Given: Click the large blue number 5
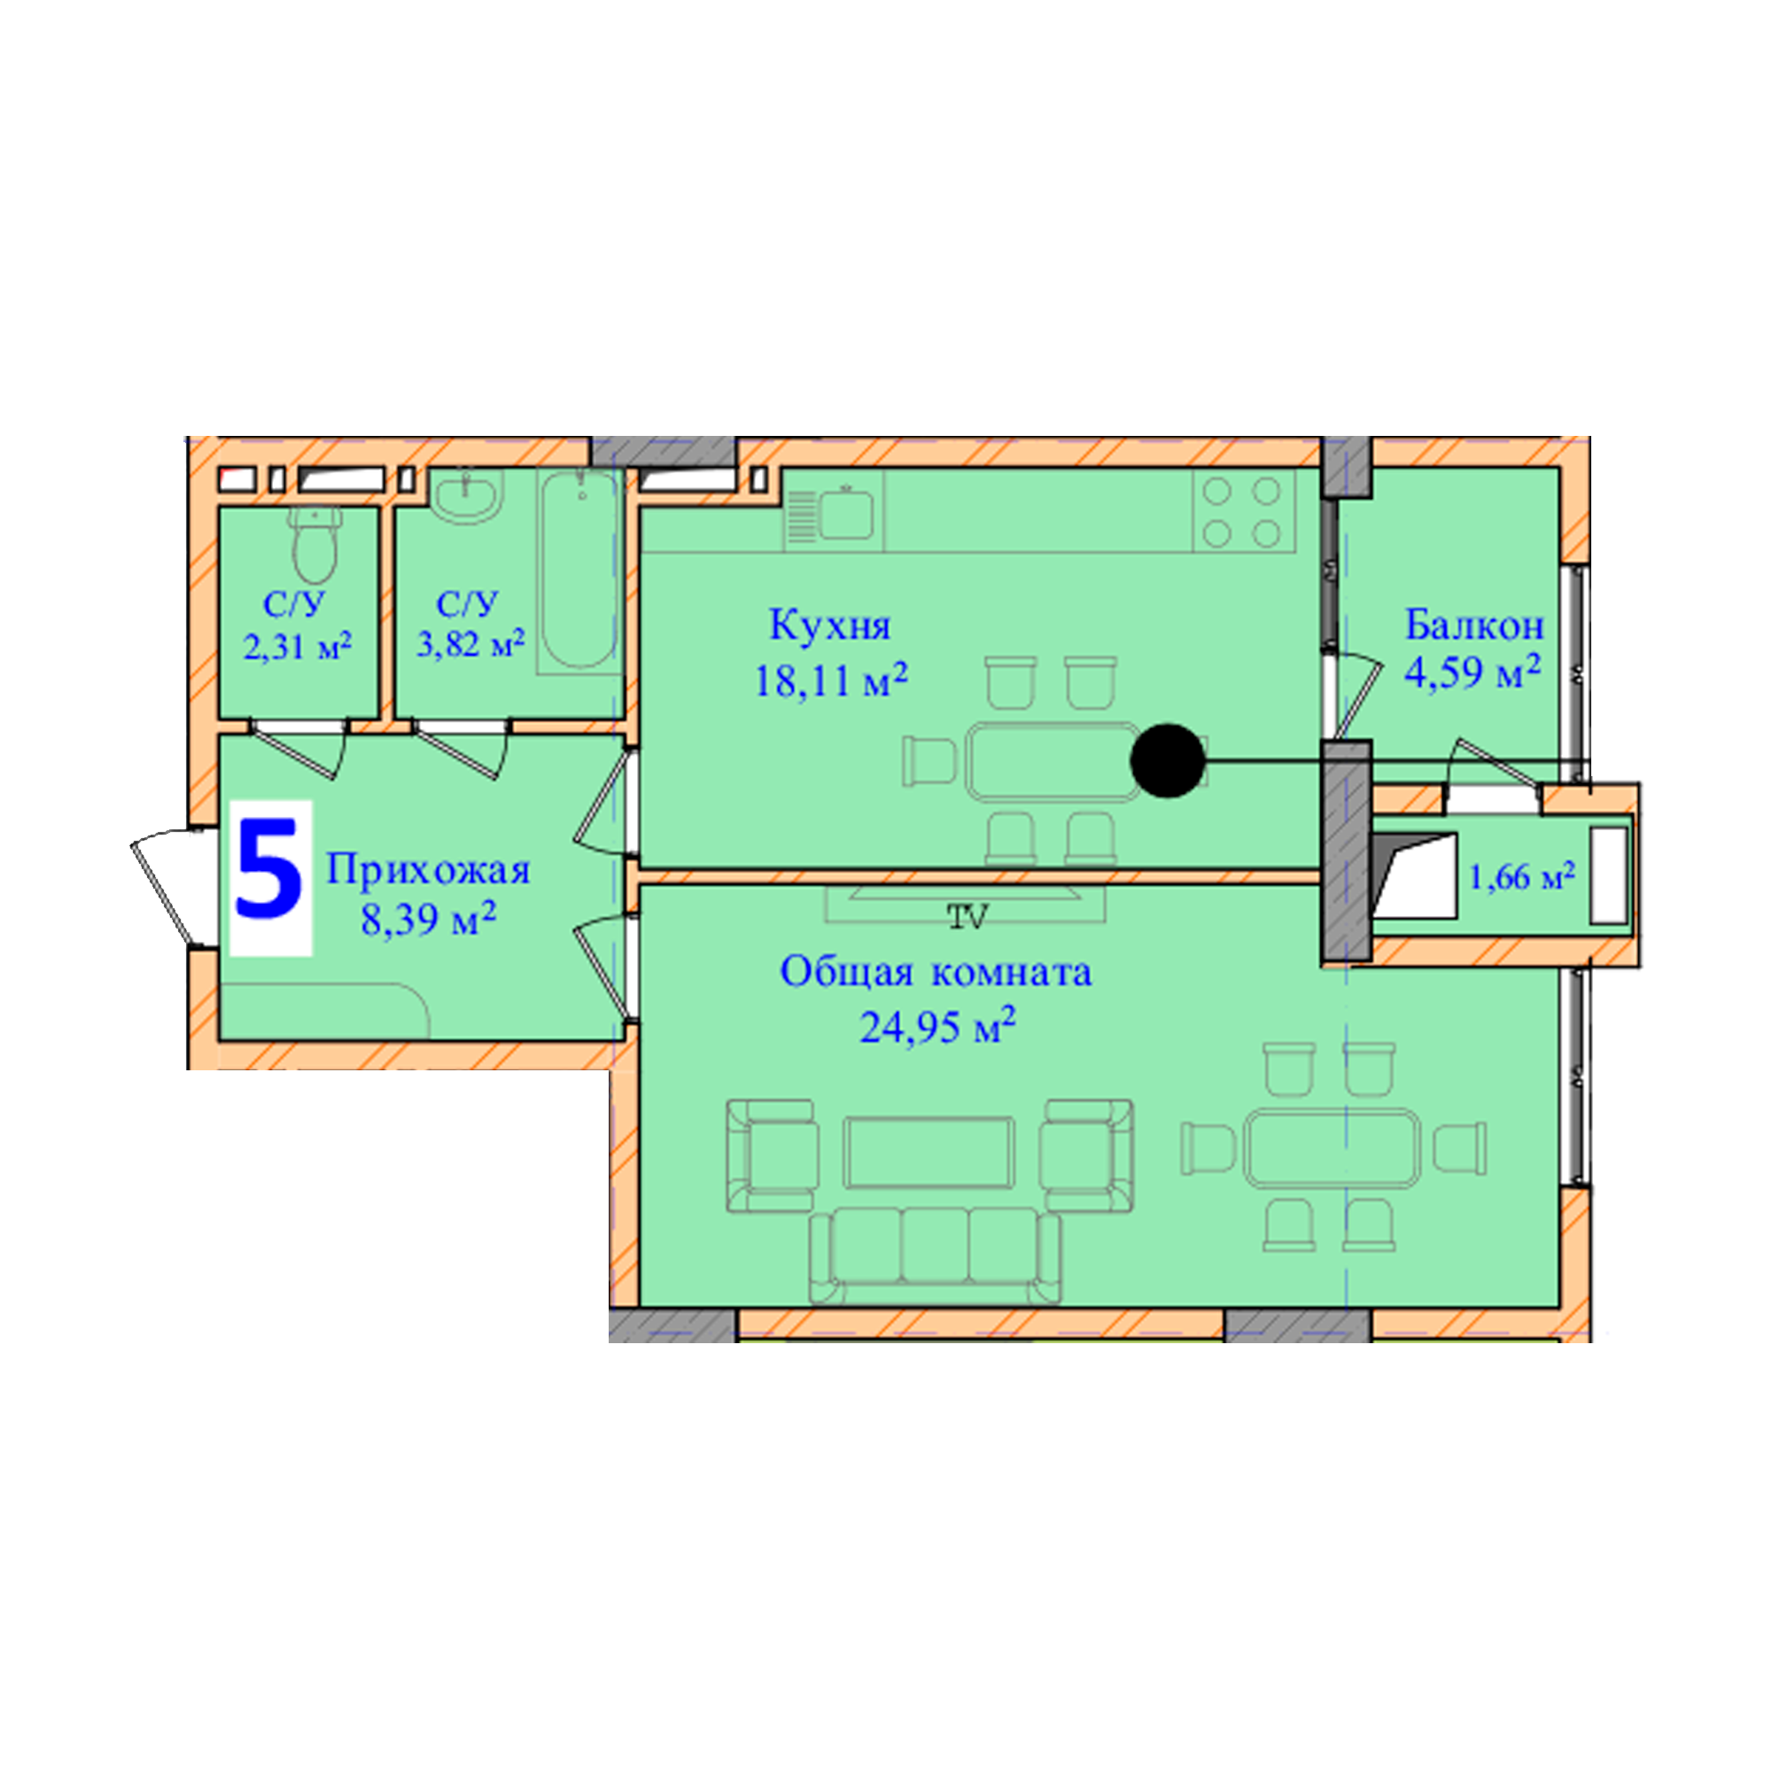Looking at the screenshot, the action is pyautogui.click(x=268, y=869).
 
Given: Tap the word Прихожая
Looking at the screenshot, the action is pyautogui.click(x=428, y=869).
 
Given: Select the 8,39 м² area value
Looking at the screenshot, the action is pyautogui.click(x=428, y=918).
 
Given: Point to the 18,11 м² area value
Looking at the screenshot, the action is pyautogui.click(x=831, y=680).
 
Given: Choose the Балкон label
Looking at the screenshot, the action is pyautogui.click(x=1474, y=626).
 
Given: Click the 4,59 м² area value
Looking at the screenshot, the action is pyautogui.click(x=1472, y=672).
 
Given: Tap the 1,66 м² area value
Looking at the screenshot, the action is pyautogui.click(x=1522, y=877).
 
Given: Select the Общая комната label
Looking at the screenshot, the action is pyautogui.click(x=936, y=972).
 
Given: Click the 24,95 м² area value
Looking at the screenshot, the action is pyautogui.click(x=937, y=1025).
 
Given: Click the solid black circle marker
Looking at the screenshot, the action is pyautogui.click(x=1168, y=760).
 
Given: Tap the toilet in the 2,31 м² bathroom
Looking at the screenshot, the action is pyautogui.click(x=315, y=545).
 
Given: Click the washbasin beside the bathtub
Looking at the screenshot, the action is pyautogui.click(x=466, y=496).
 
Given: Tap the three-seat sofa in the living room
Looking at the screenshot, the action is pyautogui.click(x=936, y=1255).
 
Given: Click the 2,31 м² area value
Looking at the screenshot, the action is pyautogui.click(x=298, y=647).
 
